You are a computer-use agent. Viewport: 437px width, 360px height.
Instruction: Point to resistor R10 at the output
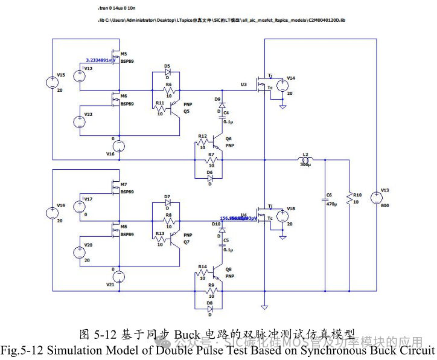tap(349, 198)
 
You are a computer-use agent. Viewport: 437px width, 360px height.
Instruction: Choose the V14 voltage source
tap(282, 86)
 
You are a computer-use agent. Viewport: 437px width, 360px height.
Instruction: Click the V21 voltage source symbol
tap(119, 277)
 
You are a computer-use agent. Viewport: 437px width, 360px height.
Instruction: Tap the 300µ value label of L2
tap(305, 165)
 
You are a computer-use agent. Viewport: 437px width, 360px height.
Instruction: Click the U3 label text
tap(244, 85)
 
